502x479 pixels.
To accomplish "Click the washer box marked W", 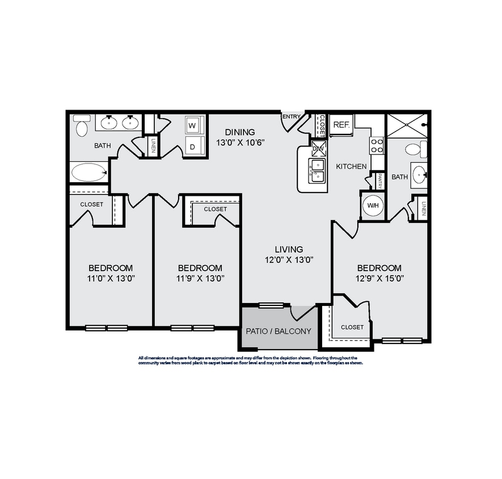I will [x=192, y=125].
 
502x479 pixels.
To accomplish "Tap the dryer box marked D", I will [x=192, y=146].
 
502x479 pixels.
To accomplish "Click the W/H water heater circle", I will [x=373, y=205].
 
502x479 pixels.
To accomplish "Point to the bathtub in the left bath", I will [x=89, y=172].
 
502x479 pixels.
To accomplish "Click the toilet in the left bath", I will [x=81, y=126].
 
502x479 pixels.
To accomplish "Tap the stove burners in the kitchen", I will [x=377, y=145].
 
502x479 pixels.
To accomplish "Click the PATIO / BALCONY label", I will [x=278, y=331].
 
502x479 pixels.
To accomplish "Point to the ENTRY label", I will [x=292, y=117].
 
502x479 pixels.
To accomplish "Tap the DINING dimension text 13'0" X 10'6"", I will [x=239, y=142].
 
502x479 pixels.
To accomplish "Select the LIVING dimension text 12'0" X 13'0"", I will [x=289, y=260].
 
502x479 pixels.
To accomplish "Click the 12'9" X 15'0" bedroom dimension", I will [x=379, y=279].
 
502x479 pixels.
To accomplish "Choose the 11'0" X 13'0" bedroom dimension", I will [x=111, y=279].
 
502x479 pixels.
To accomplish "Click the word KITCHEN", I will [x=351, y=166].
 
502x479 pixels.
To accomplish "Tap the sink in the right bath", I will [x=419, y=173].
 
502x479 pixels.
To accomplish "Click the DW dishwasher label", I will [x=318, y=148].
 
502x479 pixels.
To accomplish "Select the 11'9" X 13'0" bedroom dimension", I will [x=200, y=279].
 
